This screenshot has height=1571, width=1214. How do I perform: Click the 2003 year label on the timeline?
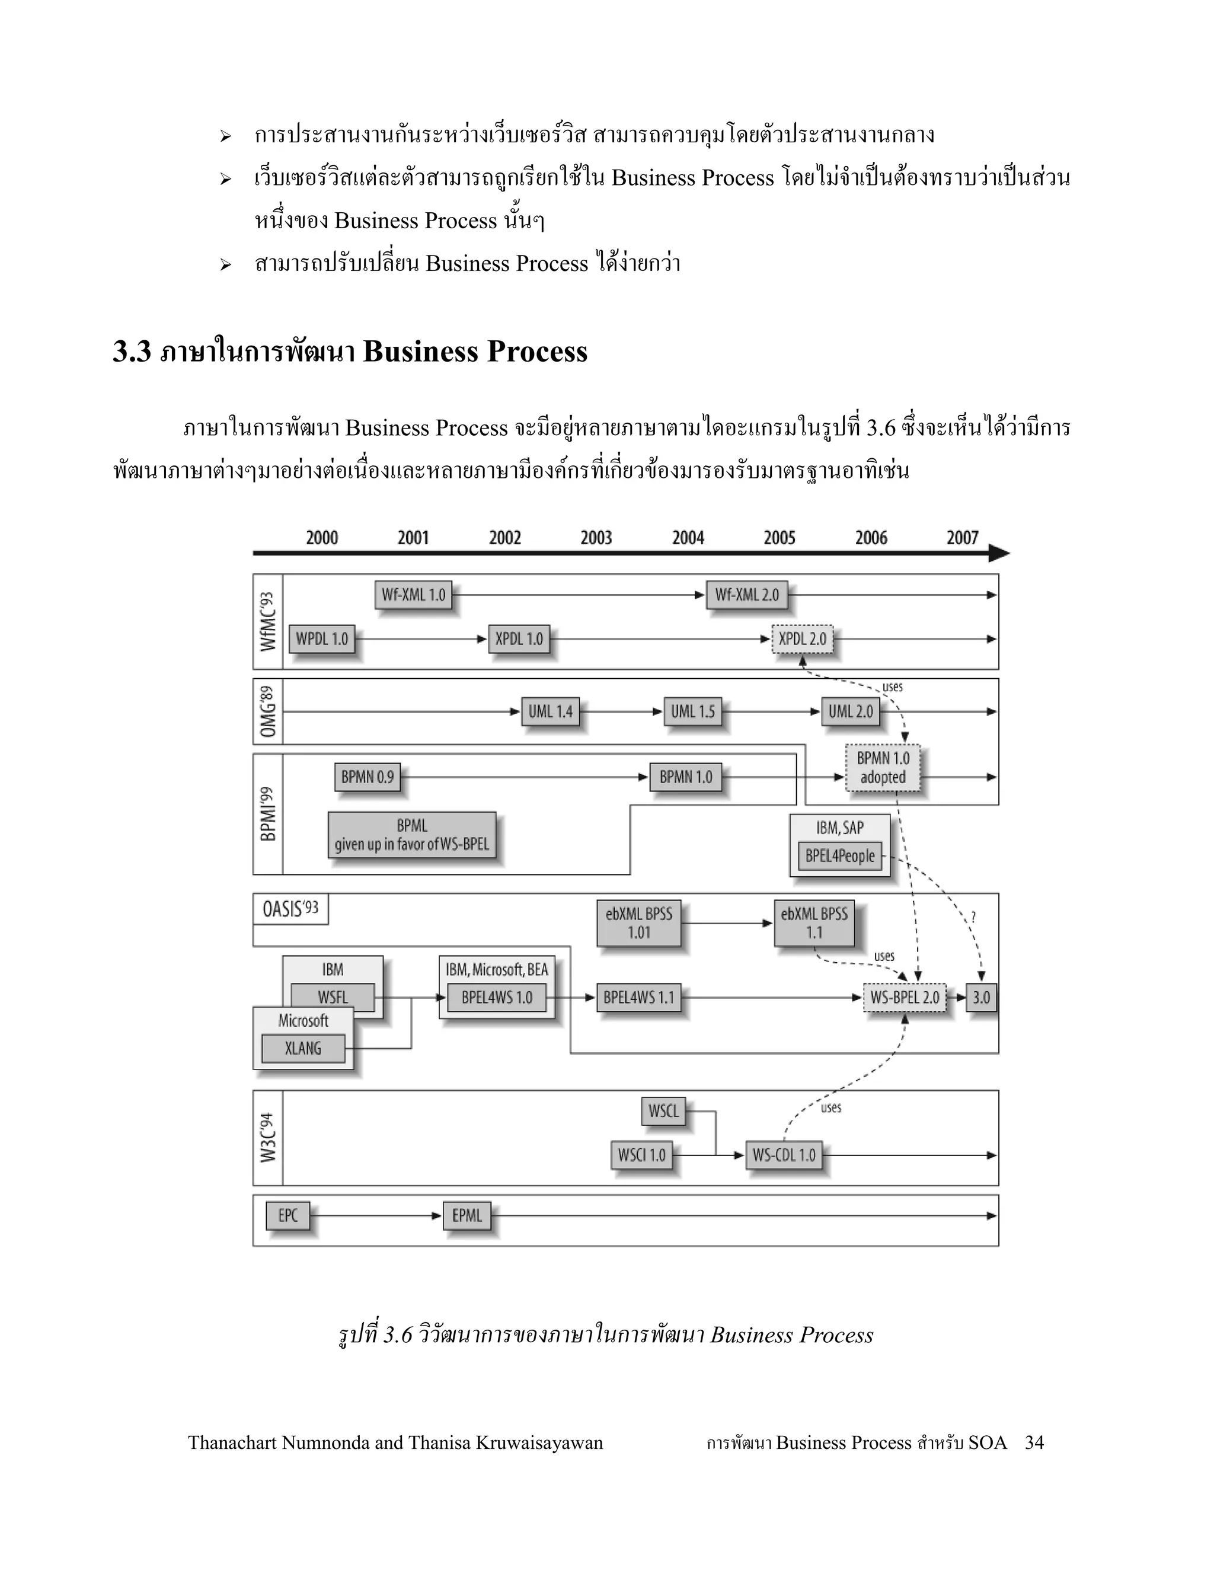[x=596, y=538]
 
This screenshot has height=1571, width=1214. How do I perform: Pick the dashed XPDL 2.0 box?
[x=802, y=638]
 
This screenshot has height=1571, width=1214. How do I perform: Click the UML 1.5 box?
[x=692, y=711]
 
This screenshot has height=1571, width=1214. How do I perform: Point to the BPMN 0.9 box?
[x=368, y=777]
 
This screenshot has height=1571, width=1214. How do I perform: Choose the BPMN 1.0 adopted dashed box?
[x=883, y=768]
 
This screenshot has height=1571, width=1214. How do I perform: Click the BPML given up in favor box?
[x=412, y=835]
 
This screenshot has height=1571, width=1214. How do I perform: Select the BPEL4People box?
[x=840, y=856]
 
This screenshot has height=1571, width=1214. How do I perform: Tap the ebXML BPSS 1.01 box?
[x=638, y=923]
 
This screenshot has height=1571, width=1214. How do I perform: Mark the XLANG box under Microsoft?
[x=303, y=1048]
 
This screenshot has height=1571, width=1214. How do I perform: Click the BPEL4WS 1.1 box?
[x=638, y=998]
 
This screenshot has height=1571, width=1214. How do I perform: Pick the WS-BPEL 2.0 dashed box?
[x=905, y=998]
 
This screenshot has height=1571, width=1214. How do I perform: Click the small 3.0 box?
[x=981, y=998]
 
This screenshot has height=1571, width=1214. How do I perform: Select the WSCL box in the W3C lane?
[x=663, y=1112]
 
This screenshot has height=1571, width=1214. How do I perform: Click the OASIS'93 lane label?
[x=290, y=909]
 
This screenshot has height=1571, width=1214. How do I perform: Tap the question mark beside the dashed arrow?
[x=973, y=917]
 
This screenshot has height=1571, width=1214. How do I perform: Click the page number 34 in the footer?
[x=1034, y=1442]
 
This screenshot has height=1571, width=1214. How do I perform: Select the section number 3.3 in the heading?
[x=132, y=352]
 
